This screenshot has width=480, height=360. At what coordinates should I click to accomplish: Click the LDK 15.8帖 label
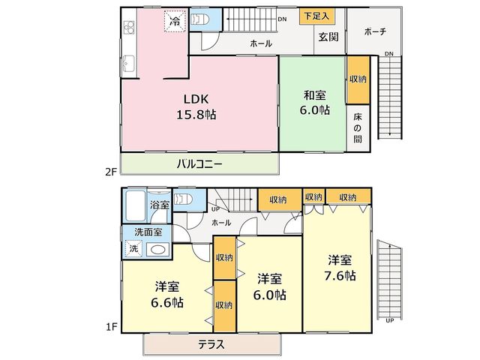[196, 106]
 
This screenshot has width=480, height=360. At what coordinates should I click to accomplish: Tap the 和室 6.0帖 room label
[314, 103]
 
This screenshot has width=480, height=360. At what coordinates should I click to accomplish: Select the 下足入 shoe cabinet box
[316, 16]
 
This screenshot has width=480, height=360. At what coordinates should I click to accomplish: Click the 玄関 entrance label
[328, 37]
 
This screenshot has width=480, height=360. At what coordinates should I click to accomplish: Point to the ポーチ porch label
[376, 31]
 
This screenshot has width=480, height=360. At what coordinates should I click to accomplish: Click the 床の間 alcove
[358, 128]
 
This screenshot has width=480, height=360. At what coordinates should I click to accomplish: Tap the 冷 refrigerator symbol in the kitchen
[175, 21]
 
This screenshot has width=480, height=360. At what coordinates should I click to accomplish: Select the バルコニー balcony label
[199, 164]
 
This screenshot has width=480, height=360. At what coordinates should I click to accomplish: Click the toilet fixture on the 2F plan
[200, 19]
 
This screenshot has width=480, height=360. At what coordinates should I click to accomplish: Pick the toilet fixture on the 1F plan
[183, 199]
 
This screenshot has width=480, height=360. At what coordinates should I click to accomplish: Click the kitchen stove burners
[129, 27]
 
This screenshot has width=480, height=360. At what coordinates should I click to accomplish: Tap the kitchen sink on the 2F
[129, 64]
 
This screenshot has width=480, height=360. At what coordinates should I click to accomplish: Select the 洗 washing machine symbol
[133, 248]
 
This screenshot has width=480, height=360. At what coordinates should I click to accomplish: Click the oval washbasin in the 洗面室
[158, 250]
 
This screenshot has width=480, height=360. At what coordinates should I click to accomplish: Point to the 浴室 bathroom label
[160, 205]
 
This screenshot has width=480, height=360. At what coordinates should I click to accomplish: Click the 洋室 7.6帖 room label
[340, 268]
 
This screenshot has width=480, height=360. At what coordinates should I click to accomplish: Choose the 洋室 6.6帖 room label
[167, 295]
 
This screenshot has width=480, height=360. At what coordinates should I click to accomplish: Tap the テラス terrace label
[211, 345]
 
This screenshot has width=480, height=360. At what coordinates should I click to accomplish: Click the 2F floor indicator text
[111, 172]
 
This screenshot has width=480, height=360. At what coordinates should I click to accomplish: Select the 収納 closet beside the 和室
[358, 79]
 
